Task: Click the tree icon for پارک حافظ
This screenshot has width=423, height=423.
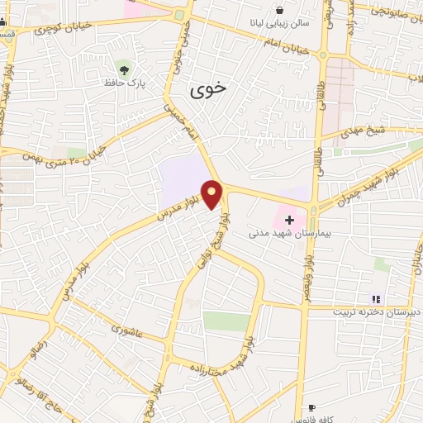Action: (x=124, y=68)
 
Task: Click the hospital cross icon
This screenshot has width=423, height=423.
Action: (x=289, y=220)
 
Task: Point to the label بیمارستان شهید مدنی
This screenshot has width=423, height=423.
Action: (x=292, y=235)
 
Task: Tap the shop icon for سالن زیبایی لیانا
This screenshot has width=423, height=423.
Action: (x=280, y=10)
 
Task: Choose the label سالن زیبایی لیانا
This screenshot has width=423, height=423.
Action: (x=279, y=24)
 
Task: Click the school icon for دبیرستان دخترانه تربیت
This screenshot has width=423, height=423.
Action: (x=376, y=299)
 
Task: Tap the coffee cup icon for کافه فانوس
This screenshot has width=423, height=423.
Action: (x=311, y=407)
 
